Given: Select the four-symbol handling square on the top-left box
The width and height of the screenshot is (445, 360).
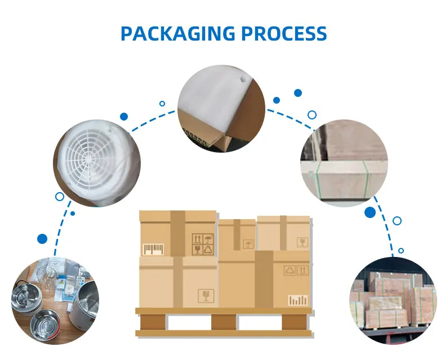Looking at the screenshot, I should coord(203,244).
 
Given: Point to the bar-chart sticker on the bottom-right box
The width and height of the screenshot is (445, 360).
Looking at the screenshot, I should coord(298,300).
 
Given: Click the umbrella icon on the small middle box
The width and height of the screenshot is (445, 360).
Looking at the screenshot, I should coord(248,244).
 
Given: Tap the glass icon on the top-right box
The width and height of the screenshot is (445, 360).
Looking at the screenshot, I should coord(302,243).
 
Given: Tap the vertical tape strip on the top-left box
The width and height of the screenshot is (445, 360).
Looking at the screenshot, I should coord(178,233).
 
